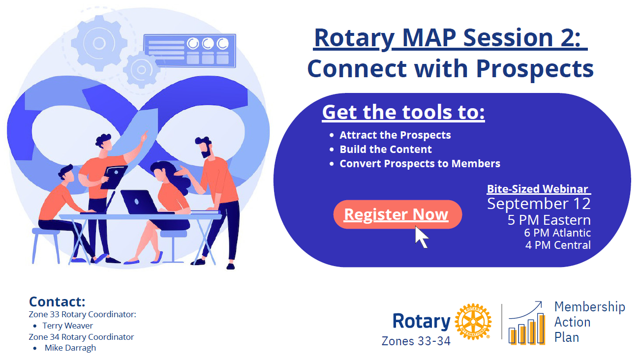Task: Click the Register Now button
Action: (x=397, y=214)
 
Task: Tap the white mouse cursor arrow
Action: (x=421, y=237)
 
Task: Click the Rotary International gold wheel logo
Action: (x=473, y=322)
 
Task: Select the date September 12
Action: (x=539, y=204)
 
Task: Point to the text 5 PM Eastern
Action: (x=549, y=220)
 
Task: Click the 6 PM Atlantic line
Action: (x=557, y=233)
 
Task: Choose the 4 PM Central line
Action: (x=557, y=244)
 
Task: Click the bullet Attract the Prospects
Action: (x=395, y=135)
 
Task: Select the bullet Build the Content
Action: (x=386, y=150)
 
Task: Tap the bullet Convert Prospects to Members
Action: (x=420, y=164)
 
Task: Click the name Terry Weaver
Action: (x=67, y=326)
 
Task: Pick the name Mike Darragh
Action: (x=70, y=348)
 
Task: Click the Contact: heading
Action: (x=57, y=301)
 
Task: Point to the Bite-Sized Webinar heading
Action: (x=538, y=189)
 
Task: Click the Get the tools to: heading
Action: (x=403, y=112)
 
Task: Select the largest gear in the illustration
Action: (x=99, y=43)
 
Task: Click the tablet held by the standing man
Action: (x=114, y=177)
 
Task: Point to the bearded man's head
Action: (x=203, y=146)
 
